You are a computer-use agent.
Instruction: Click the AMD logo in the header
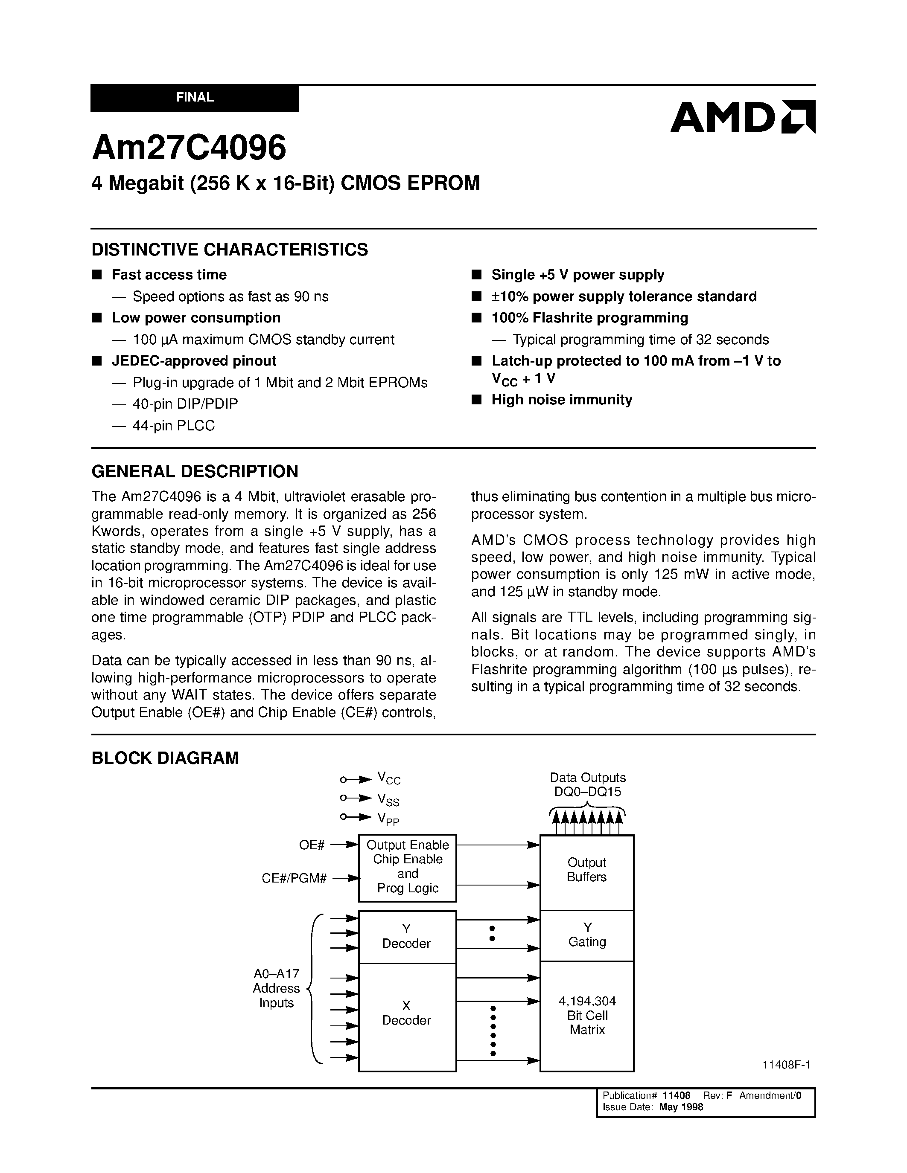click(742, 116)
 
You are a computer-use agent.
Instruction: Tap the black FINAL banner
click(195, 98)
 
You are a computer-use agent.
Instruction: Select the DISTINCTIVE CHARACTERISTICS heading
click(230, 250)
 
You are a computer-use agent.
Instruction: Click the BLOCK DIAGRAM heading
click(165, 758)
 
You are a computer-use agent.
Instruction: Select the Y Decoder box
click(407, 936)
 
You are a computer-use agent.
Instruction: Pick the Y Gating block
click(587, 935)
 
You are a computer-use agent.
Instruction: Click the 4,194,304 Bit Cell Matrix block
click(587, 1015)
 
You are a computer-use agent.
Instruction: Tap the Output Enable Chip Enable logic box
click(407, 866)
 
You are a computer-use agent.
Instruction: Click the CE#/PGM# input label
click(294, 879)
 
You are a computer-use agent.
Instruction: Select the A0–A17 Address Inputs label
click(276, 988)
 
